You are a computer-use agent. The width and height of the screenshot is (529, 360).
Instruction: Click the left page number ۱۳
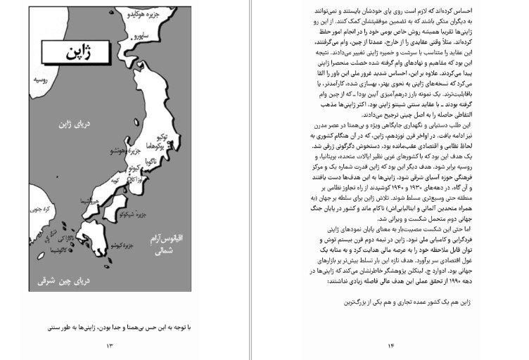coord(109,345)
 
